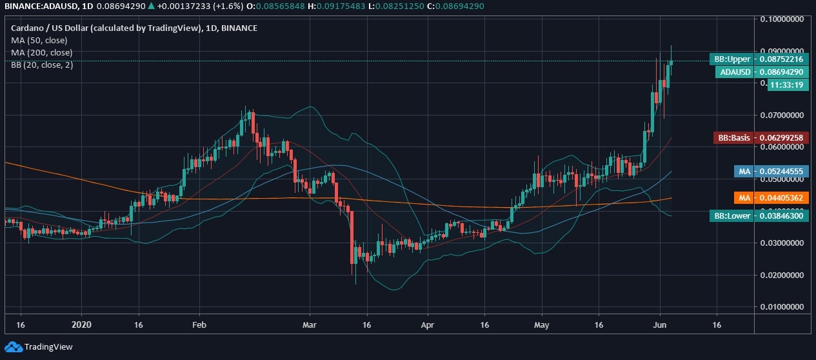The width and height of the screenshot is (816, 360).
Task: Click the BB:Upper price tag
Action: click(759, 59)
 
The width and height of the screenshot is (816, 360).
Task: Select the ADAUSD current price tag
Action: click(762, 72)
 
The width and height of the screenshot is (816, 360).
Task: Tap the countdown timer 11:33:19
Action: click(788, 85)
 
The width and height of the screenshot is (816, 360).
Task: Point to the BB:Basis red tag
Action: click(761, 137)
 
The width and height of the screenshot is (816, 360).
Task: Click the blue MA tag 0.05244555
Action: click(771, 171)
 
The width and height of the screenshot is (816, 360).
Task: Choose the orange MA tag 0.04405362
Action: click(771, 198)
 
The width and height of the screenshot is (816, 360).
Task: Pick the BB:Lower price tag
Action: click(759, 215)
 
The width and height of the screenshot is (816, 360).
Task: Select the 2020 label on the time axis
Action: click(82, 326)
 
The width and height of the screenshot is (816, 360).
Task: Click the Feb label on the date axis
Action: click(199, 326)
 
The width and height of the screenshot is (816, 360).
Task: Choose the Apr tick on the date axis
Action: click(426, 326)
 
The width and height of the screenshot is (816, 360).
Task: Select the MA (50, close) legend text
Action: click(39, 40)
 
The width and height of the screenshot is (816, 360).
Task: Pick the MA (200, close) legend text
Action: click(42, 52)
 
